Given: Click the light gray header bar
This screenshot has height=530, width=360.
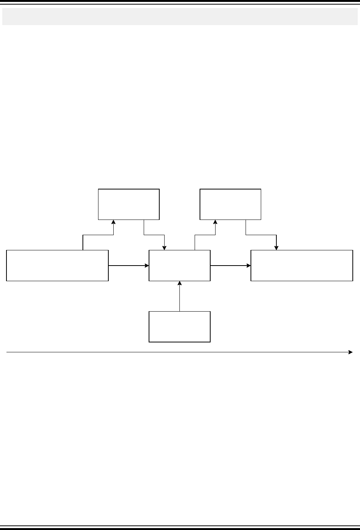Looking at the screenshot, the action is click(x=180, y=17).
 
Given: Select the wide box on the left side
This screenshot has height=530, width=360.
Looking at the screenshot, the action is click(x=57, y=266).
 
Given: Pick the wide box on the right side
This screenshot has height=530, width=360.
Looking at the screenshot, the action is click(x=302, y=266).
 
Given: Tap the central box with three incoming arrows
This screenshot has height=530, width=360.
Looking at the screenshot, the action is click(x=179, y=266).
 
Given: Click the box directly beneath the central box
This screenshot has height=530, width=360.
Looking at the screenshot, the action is click(x=179, y=326).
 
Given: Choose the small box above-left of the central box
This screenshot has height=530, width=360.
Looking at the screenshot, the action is click(x=129, y=204).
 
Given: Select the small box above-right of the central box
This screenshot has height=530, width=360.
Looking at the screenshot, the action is click(x=230, y=204).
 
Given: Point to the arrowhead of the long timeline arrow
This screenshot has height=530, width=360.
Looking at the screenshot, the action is click(x=350, y=352).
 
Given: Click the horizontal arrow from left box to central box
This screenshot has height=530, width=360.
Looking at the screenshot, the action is click(x=128, y=266).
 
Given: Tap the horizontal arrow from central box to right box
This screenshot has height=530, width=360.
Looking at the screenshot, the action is click(x=230, y=266).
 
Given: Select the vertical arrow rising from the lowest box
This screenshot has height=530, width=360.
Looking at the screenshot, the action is click(x=179, y=297).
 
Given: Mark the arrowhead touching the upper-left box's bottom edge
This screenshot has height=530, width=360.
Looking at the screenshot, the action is click(x=113, y=222).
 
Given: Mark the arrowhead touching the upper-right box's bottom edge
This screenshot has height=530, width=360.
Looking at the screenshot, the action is click(x=215, y=222).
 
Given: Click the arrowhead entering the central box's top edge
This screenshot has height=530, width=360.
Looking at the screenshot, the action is click(x=164, y=248).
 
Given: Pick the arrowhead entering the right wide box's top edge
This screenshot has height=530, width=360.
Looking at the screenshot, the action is click(x=276, y=248).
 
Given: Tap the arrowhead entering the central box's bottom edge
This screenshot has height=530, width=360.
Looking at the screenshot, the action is click(x=179, y=283).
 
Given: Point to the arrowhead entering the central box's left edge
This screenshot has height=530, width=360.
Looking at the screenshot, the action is click(x=147, y=266).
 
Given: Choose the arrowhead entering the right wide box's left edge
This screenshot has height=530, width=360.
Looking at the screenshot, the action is click(x=249, y=266).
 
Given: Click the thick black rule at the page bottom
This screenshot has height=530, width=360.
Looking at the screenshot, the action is click(x=180, y=527).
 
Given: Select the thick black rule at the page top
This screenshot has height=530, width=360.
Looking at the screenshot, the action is click(x=180, y=2).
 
